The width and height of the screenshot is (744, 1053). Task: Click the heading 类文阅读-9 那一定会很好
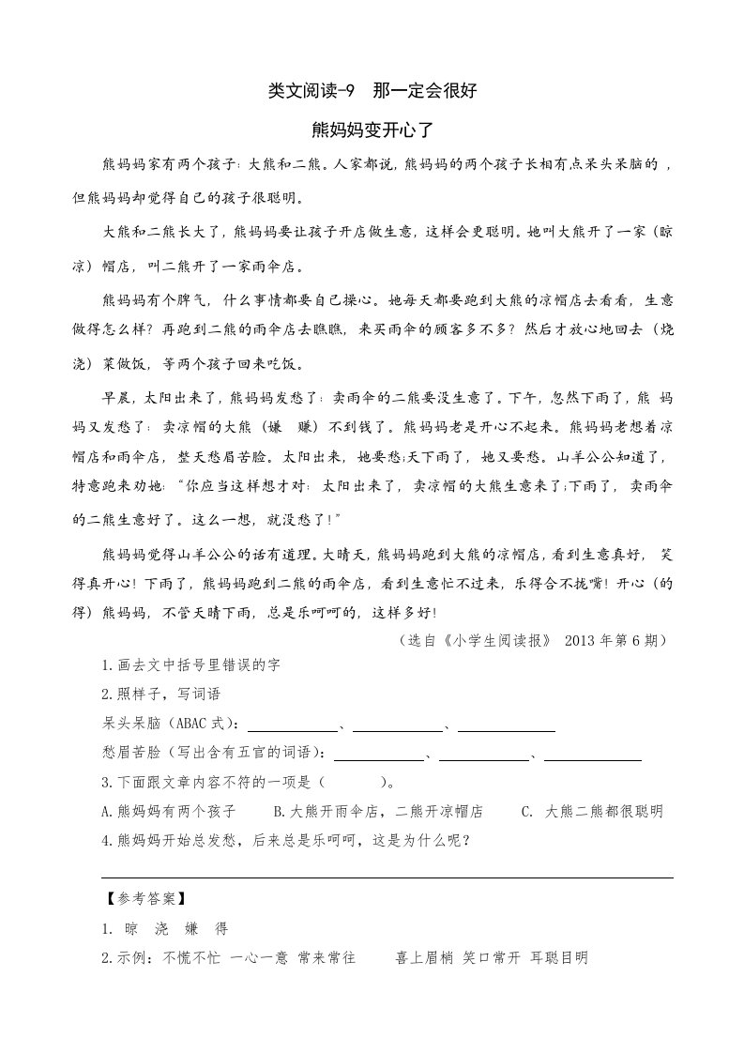click(x=372, y=91)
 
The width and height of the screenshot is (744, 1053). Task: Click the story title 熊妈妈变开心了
click(x=372, y=128)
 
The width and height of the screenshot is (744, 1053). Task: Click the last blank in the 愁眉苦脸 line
click(x=593, y=757)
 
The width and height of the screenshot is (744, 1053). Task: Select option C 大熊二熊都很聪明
click(x=593, y=811)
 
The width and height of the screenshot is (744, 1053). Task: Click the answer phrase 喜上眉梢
click(x=425, y=957)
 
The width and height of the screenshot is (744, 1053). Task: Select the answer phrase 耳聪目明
click(x=558, y=957)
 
